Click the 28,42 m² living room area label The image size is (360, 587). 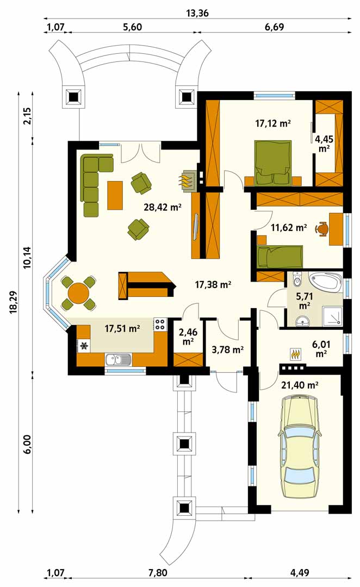[163, 207]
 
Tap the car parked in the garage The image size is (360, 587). [300, 448]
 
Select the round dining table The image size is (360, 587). [78, 293]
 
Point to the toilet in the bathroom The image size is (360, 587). [298, 279]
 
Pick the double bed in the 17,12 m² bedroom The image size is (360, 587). [272, 163]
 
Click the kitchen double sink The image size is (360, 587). [119, 360]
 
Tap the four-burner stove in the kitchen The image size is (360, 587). [160, 324]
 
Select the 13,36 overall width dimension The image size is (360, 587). [197, 14]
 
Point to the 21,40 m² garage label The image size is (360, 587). [300, 385]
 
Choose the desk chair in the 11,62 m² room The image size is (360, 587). [322, 228]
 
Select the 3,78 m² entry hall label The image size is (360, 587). [228, 350]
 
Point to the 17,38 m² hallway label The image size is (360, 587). [213, 285]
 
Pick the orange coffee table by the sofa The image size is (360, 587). [115, 195]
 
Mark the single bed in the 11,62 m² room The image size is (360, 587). [280, 257]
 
